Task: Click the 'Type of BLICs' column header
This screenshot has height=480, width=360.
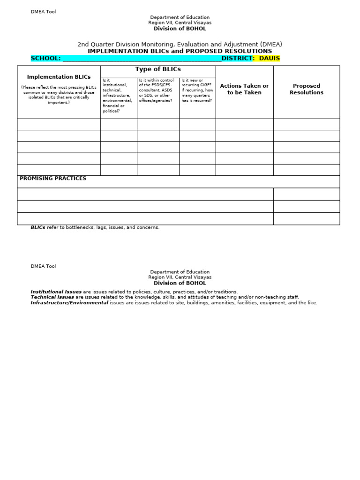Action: [x=158, y=69]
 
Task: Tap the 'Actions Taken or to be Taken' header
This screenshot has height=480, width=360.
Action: [x=244, y=89]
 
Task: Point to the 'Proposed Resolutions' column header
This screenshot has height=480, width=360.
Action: [x=306, y=89]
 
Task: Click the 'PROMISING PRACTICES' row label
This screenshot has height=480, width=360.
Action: [x=52, y=179]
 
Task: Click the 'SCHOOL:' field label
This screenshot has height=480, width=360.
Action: [x=45, y=58]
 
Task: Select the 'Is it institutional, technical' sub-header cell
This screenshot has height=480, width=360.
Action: [x=118, y=96]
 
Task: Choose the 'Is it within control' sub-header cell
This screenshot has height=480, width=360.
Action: [x=157, y=90]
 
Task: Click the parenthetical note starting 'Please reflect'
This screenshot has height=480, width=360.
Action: [x=59, y=95]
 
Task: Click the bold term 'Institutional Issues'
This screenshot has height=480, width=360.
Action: [x=56, y=292]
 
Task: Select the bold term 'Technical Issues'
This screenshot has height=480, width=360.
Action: [x=52, y=297]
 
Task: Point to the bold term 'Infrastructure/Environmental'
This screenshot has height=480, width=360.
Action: [x=69, y=303]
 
